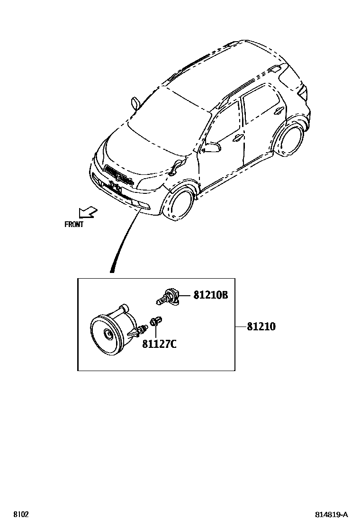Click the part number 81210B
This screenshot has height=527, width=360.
pos(210,295)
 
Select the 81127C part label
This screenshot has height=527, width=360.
pos(159,344)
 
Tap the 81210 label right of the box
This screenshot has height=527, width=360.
pos(261,327)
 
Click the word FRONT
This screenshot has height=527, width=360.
pos(74,225)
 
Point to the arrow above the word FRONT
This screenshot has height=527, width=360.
pos(87,212)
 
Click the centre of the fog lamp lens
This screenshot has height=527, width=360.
pos(109,336)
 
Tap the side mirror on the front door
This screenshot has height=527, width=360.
pos(211,147)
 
